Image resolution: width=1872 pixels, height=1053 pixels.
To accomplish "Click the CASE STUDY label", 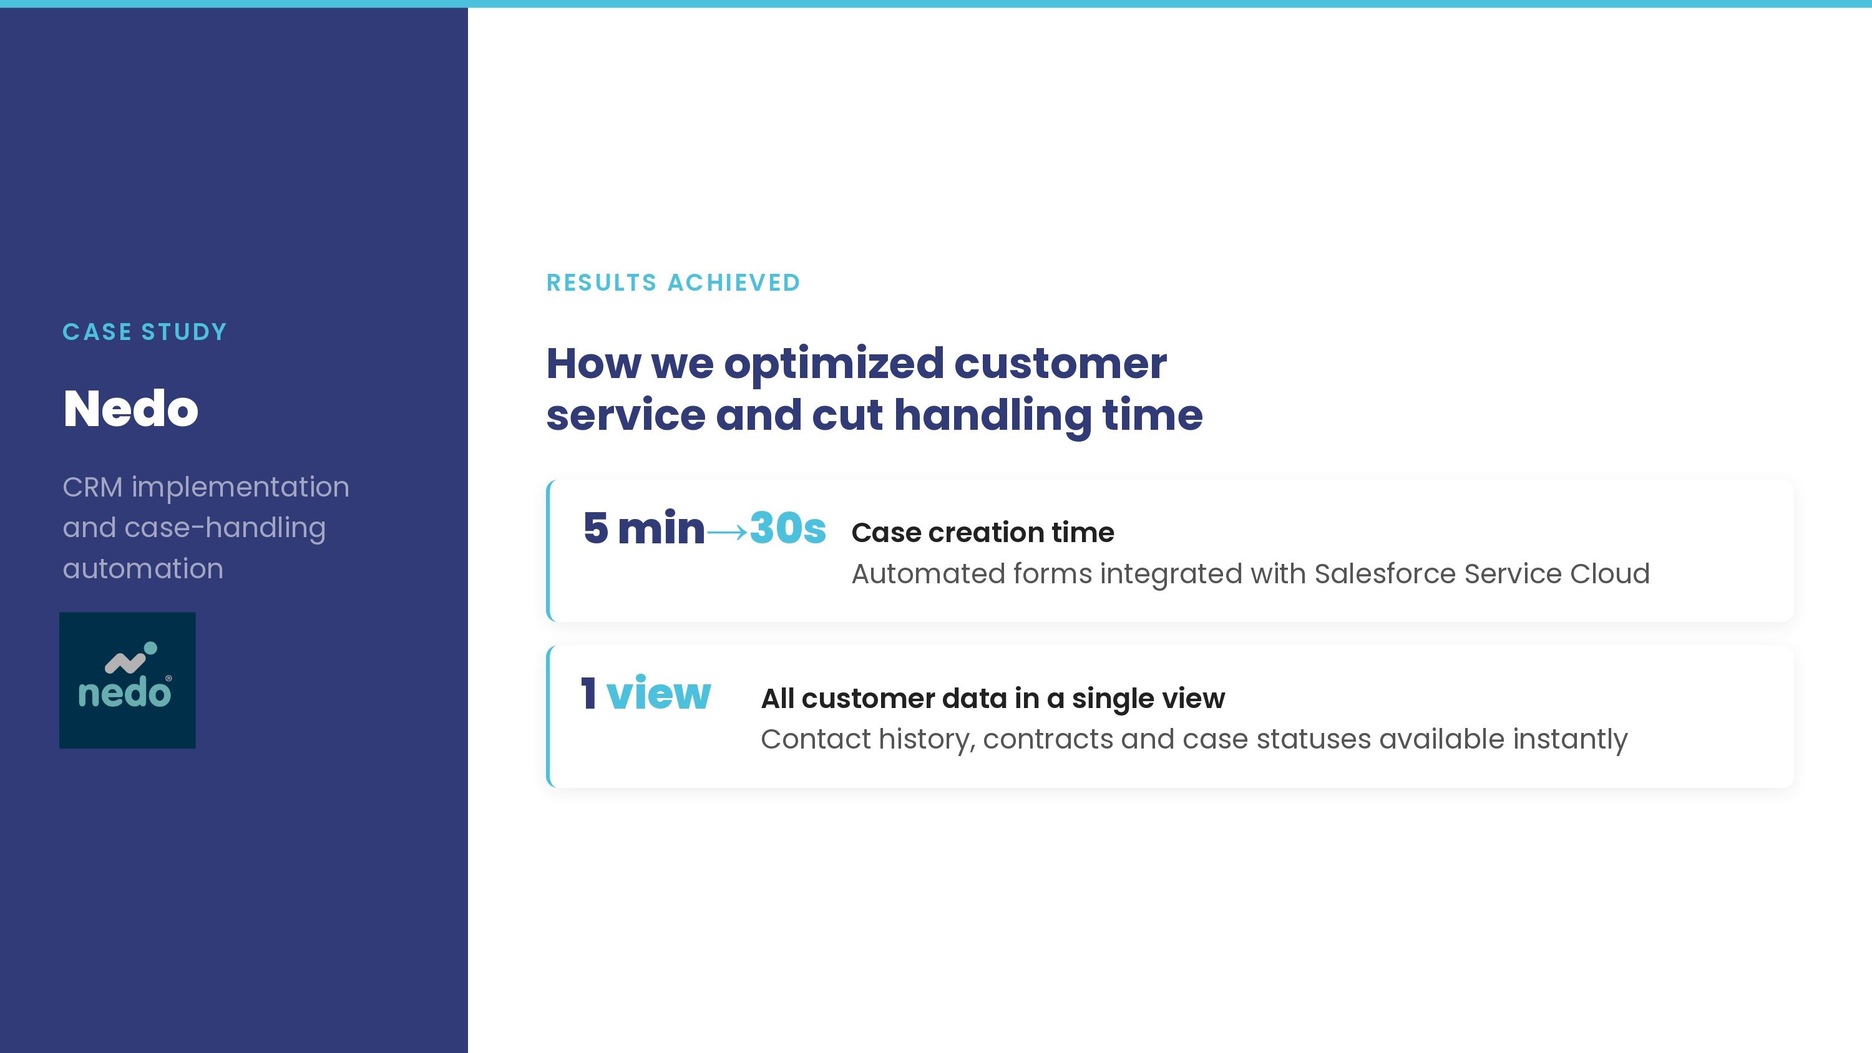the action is (x=145, y=332).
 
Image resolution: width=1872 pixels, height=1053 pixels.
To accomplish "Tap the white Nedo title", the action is (x=131, y=409).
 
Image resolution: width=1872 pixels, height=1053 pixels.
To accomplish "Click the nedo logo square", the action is (x=127, y=680).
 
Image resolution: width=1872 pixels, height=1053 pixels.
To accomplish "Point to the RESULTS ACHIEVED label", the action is (x=673, y=283).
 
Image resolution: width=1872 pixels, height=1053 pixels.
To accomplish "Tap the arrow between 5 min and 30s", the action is (x=727, y=533).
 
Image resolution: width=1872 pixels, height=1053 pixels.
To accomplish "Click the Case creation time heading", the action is (x=983, y=533).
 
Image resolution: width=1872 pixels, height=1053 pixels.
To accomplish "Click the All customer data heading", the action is (x=993, y=699).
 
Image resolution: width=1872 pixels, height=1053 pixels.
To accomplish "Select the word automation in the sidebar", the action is (x=143, y=569).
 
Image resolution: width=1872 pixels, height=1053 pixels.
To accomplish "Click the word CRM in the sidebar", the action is (x=92, y=487).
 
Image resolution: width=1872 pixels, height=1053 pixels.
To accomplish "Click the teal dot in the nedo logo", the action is (x=150, y=648).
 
